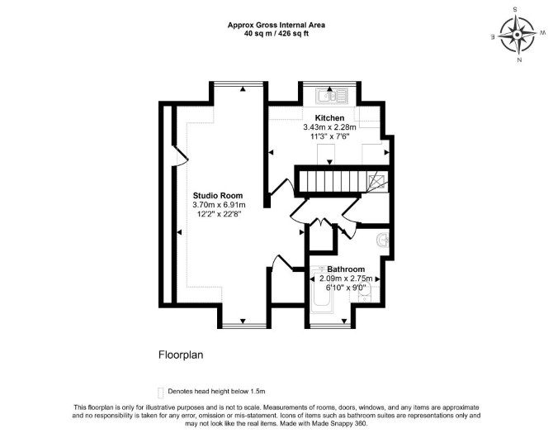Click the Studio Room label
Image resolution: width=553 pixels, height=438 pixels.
pos(218,195)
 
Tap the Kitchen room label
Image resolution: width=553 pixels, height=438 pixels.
pos(329,117)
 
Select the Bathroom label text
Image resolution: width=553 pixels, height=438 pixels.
pos(346,269)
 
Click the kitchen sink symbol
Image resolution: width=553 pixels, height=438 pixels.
pos(332,95)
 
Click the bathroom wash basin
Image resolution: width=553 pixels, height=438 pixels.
pos(382,240)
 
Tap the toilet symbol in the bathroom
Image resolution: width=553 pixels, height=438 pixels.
pos(364,293)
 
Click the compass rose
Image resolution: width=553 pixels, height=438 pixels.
pos(517,35)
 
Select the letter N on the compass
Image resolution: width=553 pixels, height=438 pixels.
pos(519,60)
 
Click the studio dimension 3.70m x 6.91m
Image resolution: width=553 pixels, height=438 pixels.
pos(219,205)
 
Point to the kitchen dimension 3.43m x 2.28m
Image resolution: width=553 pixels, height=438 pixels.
pos(330,127)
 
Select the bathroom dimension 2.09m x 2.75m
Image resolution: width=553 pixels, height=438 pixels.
pos(346,279)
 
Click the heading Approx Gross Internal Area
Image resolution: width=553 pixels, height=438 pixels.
pos(276,25)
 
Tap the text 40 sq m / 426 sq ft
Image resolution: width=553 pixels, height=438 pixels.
pos(276,34)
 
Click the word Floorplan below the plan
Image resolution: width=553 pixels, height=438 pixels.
pos(181,355)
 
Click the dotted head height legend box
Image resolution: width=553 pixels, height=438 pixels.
pos(161,393)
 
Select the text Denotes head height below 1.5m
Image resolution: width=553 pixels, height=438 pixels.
pos(216,392)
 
